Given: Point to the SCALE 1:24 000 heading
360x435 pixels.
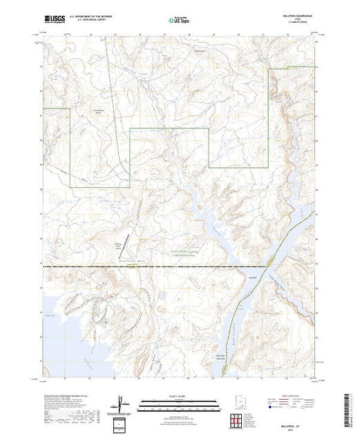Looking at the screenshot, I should click(x=178, y=396).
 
